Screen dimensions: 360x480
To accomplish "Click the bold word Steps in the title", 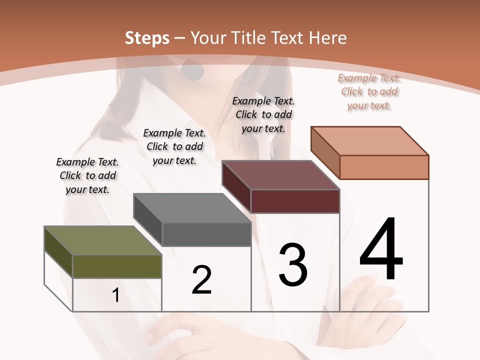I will (147, 38).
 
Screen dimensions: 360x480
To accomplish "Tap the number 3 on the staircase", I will (292, 264).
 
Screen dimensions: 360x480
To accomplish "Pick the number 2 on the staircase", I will (202, 280).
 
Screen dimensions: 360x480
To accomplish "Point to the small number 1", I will (115, 295).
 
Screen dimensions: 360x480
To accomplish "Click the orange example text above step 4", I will (369, 91).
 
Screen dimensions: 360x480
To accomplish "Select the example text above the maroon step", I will (263, 114).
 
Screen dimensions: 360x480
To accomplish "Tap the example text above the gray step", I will (174, 146).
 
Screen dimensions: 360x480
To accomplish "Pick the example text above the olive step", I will (87, 175).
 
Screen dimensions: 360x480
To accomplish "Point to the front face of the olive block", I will (117, 266).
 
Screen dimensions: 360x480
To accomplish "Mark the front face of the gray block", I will (206, 234).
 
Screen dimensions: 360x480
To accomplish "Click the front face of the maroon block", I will (295, 201).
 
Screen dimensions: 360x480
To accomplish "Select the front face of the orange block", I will (384, 167).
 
